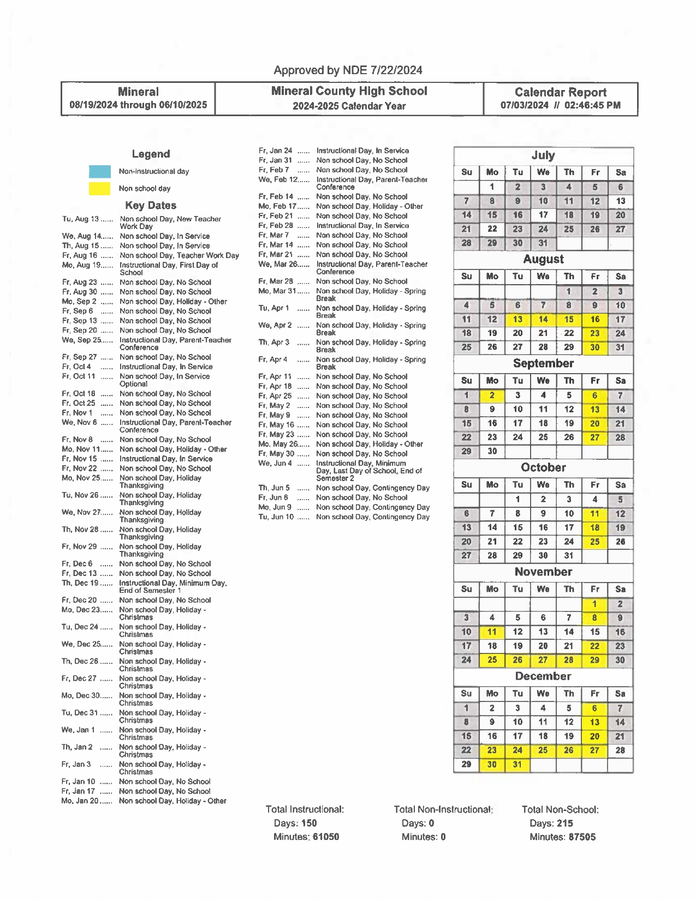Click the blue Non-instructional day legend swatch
[x=99, y=172]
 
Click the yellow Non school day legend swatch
[x=99, y=189]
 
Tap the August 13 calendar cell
[x=517, y=320]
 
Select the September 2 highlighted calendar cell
[x=492, y=395]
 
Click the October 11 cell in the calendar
[x=594, y=514]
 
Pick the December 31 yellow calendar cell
[x=517, y=765]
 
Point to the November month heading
[x=543, y=572]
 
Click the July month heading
[x=543, y=155]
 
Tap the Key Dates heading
[x=151, y=206]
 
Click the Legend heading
[x=151, y=154]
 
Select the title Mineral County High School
[x=349, y=92]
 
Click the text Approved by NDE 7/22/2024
[x=348, y=70]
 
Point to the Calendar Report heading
[x=560, y=92]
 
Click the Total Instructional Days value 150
[x=308, y=824]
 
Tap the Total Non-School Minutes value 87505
[x=581, y=837]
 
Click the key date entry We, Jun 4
[x=275, y=464]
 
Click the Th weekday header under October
[x=569, y=485]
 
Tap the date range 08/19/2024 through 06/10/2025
[x=138, y=105]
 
